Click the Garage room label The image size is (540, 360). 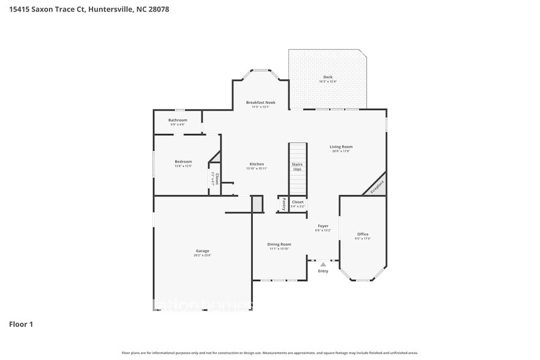click(x=203, y=251)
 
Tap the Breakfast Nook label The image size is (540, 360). click(x=261, y=102)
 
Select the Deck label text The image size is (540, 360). click(x=328, y=77)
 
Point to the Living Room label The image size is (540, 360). click(x=341, y=146)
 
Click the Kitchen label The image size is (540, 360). click(x=257, y=164)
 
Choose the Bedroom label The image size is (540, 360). click(x=183, y=162)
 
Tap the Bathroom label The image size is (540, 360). click(x=178, y=120)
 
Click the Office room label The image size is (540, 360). click(x=363, y=234)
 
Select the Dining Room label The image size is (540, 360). click(x=279, y=244)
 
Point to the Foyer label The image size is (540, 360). click(x=323, y=226)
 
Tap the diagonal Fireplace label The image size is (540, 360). click(x=377, y=187)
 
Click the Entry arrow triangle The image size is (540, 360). click(x=323, y=264)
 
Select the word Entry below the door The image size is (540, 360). click(x=323, y=271)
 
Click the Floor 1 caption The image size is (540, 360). click(x=20, y=324)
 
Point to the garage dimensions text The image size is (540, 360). click(x=203, y=255)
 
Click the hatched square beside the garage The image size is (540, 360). click(x=257, y=204)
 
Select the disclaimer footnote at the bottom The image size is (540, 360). click(x=270, y=353)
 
